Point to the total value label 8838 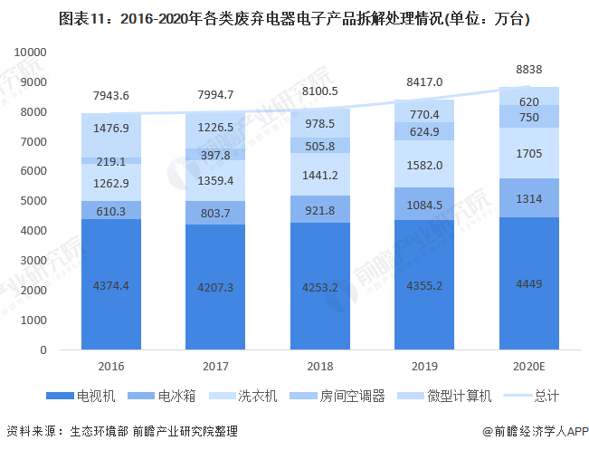(529, 69)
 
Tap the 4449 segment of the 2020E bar (529, 283)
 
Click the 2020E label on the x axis (529, 367)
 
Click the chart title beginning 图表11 (294, 18)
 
